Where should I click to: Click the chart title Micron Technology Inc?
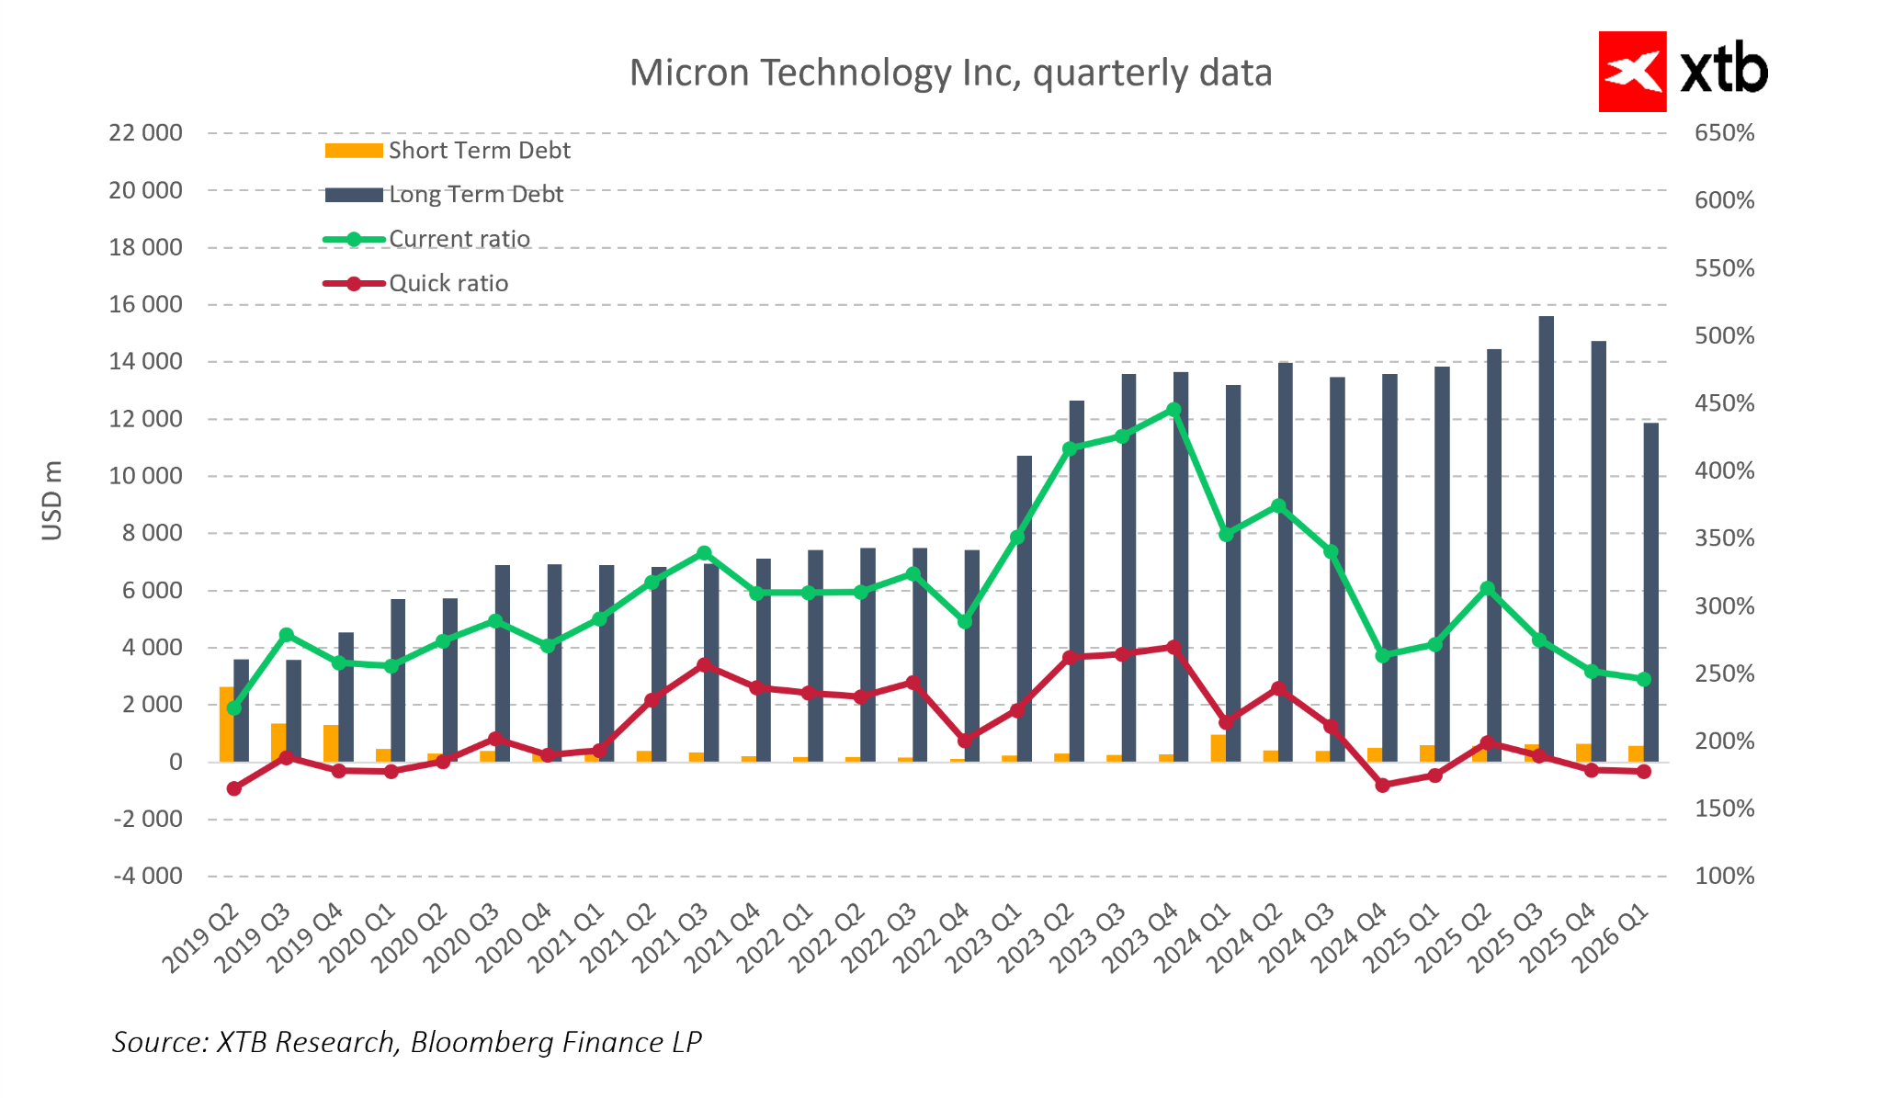click(x=949, y=74)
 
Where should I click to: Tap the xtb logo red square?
click(x=1632, y=72)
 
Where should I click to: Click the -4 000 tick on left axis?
click(x=148, y=876)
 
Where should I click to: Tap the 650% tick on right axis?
click(x=1724, y=133)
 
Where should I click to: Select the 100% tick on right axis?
click(x=1724, y=876)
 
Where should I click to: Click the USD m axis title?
click(x=52, y=501)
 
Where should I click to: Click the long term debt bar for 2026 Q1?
click(x=1651, y=592)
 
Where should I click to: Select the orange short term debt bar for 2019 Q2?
click(x=226, y=724)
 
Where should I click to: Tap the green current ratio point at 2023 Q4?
click(x=1173, y=410)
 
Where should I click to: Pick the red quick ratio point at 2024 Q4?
click(x=1383, y=786)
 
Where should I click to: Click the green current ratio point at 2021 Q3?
click(x=704, y=553)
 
